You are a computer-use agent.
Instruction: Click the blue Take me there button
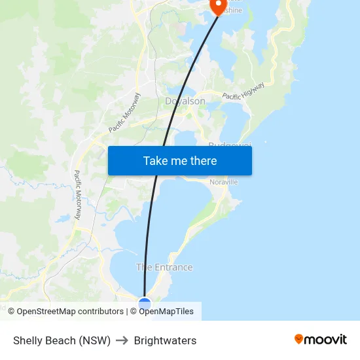(x=179, y=160)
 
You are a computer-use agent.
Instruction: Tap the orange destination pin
(x=217, y=5)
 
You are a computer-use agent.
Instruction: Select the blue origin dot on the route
(x=145, y=303)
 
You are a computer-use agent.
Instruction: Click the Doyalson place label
(x=185, y=101)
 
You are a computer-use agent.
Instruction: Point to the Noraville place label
(x=224, y=182)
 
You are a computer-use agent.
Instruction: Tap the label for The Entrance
(x=164, y=267)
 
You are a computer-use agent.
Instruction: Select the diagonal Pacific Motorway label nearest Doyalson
(x=125, y=113)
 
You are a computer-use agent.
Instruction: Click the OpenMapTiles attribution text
(x=166, y=312)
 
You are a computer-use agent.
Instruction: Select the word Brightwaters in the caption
(x=165, y=340)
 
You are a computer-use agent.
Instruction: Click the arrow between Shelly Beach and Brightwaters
(x=122, y=340)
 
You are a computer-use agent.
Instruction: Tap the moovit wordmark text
(x=326, y=340)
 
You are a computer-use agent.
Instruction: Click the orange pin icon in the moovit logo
(x=299, y=339)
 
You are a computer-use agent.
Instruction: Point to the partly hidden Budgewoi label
(x=229, y=144)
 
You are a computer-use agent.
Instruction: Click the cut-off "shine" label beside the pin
(x=234, y=11)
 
